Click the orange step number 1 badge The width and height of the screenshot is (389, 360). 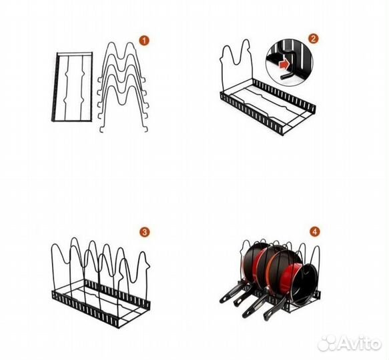pos(144,41)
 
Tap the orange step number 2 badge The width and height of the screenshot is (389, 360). pos(314,39)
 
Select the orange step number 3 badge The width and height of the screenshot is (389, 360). pos(144,232)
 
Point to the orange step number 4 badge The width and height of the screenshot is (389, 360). pos(315,232)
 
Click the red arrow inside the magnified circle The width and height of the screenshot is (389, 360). pos(284,65)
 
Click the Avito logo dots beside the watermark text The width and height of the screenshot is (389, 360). pos(327,343)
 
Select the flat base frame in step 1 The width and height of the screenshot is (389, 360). pos(72,87)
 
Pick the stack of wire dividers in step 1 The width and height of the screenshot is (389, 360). pos(123,87)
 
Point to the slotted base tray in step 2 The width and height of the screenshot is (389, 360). pos(268,107)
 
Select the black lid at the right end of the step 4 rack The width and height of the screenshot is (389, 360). pos(307,283)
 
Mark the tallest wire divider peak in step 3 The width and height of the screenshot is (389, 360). pos(74,239)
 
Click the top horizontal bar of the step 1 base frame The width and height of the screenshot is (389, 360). pos(75,53)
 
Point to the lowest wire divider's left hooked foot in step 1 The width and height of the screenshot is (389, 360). pos(101,129)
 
